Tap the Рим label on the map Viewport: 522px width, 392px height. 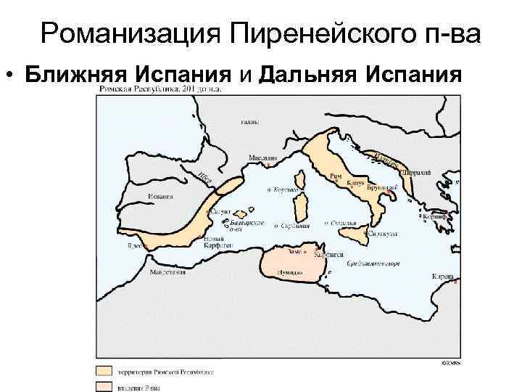(335, 176)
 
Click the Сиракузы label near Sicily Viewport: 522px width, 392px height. (381, 234)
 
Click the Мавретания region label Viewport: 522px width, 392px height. (168, 272)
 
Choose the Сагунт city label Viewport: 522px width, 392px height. (220, 212)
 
